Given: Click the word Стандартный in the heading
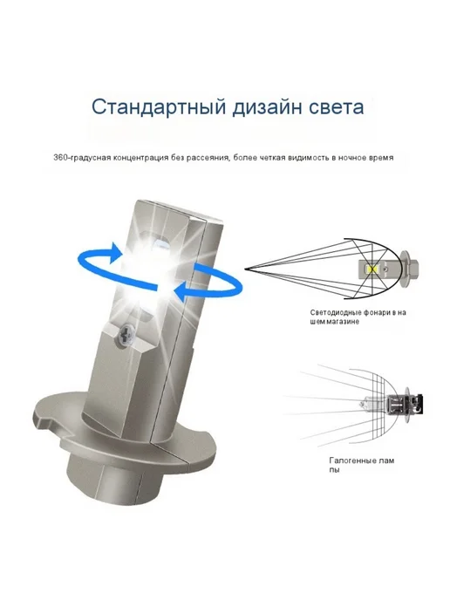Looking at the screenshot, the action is (159, 107).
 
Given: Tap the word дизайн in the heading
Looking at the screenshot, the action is (269, 108).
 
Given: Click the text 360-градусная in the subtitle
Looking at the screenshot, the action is (82, 158).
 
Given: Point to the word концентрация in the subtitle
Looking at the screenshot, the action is (141, 158).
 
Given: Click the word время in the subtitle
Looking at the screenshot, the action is (381, 158).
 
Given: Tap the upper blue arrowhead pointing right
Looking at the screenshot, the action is (116, 252).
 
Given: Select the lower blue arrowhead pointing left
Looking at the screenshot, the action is (182, 293).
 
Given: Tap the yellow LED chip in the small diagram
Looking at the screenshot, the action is (371, 269).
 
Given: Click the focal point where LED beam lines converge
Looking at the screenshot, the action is (245, 269).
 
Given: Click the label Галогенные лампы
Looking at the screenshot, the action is (362, 465).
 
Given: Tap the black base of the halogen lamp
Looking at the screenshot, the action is (418, 404).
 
